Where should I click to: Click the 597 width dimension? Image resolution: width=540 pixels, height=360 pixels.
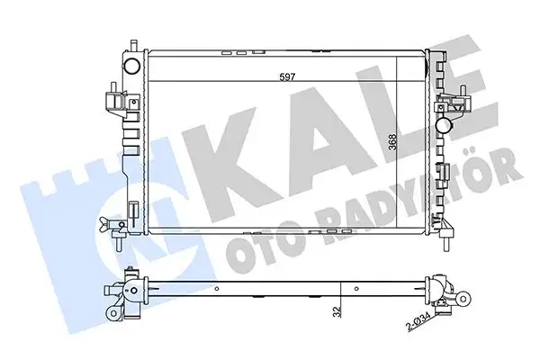(287, 76)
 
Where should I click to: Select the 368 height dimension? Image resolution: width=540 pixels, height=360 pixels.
(392, 141)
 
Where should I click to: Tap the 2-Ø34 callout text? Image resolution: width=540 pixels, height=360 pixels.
(418, 321)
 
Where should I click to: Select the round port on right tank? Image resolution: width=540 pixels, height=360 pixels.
(443, 126)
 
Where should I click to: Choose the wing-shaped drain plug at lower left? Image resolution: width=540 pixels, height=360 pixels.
(104, 222)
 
